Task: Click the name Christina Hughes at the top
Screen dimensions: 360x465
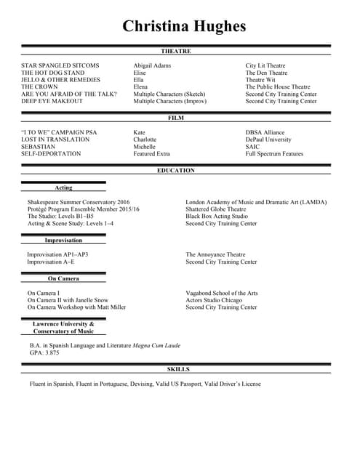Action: (184, 27)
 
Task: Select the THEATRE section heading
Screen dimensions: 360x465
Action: (176, 52)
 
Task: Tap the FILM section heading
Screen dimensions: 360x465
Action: (176, 118)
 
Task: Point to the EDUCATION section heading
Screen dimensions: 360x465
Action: (176, 171)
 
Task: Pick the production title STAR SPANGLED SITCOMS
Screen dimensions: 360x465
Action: (60, 66)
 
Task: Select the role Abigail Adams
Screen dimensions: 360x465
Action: (152, 66)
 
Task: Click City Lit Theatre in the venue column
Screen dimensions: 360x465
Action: (265, 66)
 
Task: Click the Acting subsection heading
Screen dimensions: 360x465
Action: (64, 188)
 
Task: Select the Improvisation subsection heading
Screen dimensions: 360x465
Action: (63, 240)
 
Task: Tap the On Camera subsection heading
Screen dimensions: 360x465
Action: (63, 278)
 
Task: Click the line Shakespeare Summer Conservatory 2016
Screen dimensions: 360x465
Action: (79, 202)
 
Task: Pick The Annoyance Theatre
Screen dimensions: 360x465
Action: (215, 255)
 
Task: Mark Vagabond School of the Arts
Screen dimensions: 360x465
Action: (222, 293)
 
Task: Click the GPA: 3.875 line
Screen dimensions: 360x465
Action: (44, 353)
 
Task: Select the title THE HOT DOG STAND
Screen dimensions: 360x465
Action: (52, 73)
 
